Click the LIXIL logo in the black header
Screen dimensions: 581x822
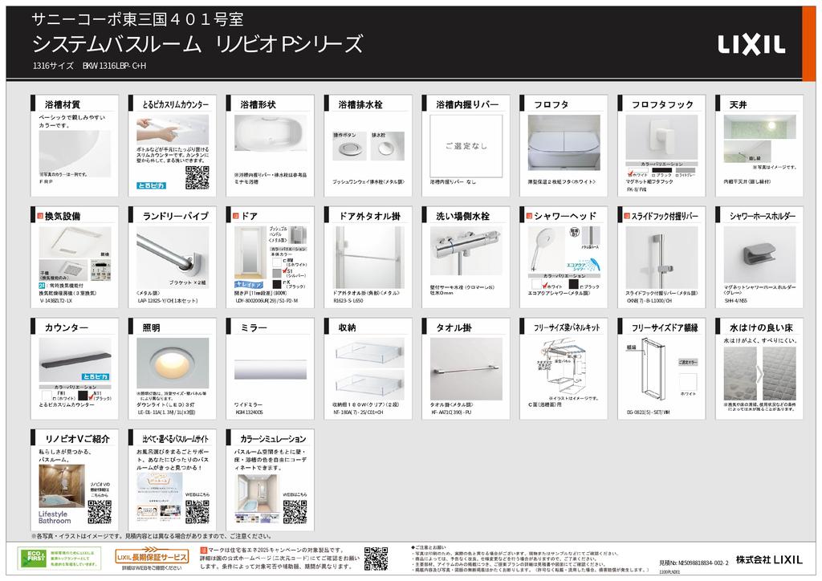(x=751, y=44)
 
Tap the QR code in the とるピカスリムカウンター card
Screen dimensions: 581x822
(x=197, y=177)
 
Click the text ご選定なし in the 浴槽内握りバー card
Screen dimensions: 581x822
(x=466, y=146)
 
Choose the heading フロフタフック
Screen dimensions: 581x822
(x=662, y=105)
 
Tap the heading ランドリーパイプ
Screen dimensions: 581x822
(x=175, y=216)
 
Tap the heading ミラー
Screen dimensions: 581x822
(x=254, y=327)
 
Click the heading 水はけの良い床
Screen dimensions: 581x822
(x=761, y=327)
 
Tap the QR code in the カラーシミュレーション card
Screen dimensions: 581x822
(x=295, y=511)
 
